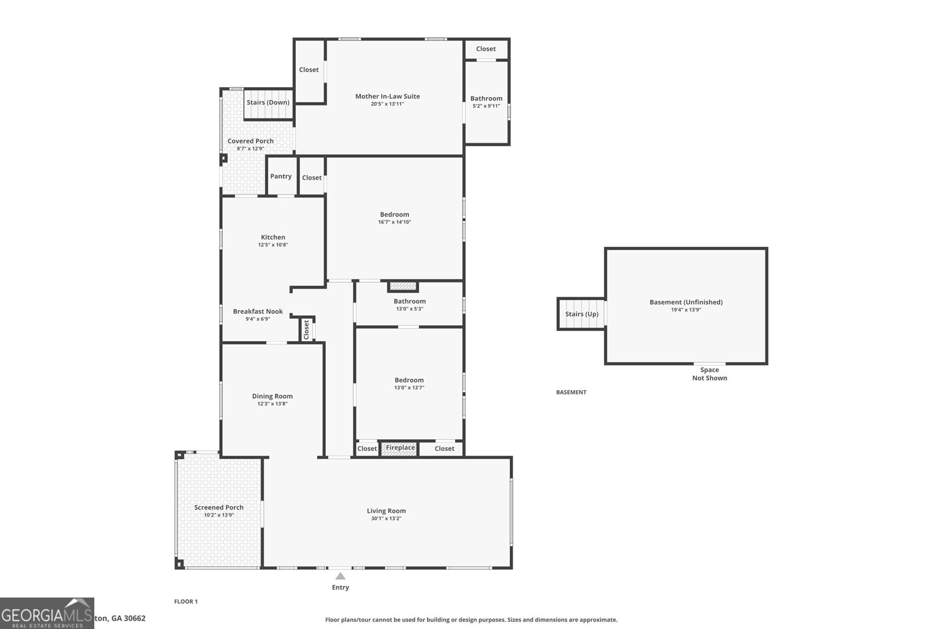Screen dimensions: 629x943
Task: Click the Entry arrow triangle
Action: (340, 576)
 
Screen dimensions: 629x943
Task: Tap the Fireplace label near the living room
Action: (400, 448)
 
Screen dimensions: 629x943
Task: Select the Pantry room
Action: (281, 176)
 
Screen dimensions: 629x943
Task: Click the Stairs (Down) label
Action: (268, 103)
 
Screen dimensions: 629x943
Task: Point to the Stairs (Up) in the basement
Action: (582, 314)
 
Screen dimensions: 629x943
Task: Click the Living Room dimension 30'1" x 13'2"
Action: (385, 519)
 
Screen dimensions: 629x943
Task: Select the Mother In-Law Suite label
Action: (387, 96)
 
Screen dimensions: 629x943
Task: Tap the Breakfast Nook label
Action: (258, 311)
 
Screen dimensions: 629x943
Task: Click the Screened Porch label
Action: (219, 508)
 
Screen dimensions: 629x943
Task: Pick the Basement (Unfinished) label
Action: (685, 302)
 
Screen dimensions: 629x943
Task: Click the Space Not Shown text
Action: (709, 374)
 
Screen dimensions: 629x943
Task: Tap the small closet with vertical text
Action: (306, 330)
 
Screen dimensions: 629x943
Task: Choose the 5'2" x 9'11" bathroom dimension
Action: (486, 106)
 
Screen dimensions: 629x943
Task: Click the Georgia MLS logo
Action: (47, 614)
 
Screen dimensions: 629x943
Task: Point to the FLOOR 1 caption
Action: (186, 602)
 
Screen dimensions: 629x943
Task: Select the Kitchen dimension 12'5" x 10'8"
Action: (273, 245)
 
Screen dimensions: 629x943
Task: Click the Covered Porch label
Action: (250, 141)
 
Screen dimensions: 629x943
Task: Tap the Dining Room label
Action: (272, 396)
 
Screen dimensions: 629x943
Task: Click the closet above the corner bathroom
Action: (486, 49)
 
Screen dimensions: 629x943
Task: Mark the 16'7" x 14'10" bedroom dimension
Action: (394, 222)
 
